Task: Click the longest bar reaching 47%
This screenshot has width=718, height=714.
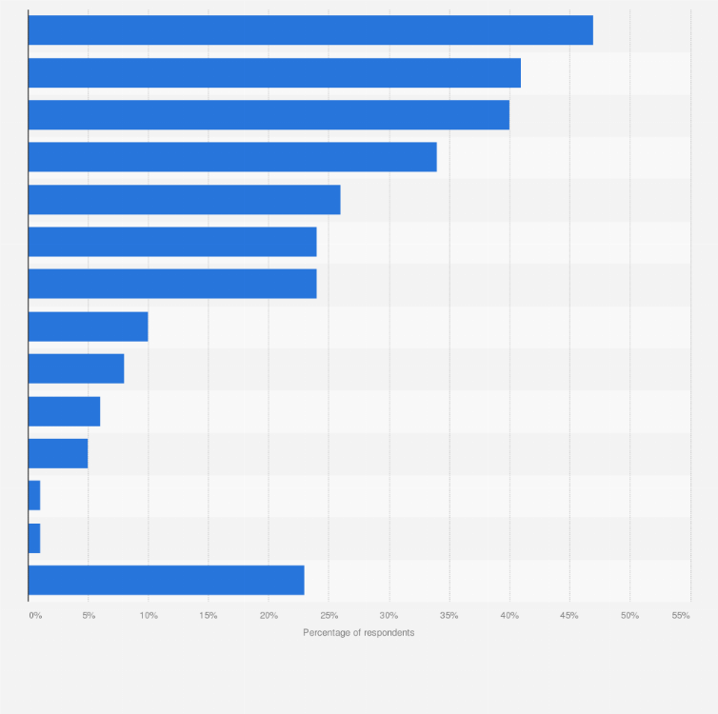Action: (310, 30)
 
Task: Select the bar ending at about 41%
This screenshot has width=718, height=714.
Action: (274, 72)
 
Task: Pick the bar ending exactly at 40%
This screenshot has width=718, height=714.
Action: (269, 115)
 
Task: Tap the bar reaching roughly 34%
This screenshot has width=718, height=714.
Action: (232, 157)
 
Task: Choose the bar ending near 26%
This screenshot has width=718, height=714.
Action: (184, 200)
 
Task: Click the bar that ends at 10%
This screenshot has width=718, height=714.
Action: (88, 327)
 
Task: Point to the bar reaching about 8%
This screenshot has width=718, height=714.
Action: (76, 368)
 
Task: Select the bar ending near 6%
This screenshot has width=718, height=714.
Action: (64, 411)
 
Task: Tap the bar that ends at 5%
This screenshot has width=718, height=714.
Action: (58, 453)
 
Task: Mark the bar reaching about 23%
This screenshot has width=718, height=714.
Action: (166, 580)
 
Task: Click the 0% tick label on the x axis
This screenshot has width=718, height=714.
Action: (35, 616)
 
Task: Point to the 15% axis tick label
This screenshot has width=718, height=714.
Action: (209, 616)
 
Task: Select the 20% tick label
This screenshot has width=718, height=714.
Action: (269, 616)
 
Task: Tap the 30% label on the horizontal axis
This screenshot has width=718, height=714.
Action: (389, 616)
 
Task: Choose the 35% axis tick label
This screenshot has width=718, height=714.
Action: (449, 616)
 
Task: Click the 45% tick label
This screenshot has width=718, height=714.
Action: (569, 616)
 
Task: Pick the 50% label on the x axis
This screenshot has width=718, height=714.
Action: (629, 616)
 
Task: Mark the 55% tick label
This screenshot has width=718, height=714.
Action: (681, 616)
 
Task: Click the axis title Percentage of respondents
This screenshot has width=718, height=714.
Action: (359, 633)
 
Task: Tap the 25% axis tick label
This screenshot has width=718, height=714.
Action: (329, 616)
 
